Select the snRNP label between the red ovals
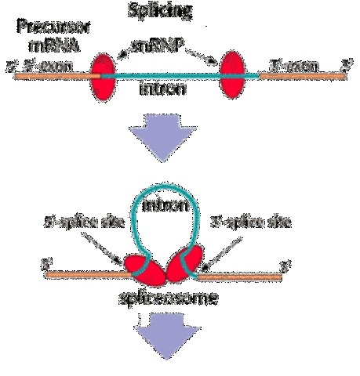pyautogui.click(x=169, y=50)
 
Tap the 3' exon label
pyautogui.click(x=291, y=67)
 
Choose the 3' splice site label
pyautogui.click(x=252, y=223)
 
